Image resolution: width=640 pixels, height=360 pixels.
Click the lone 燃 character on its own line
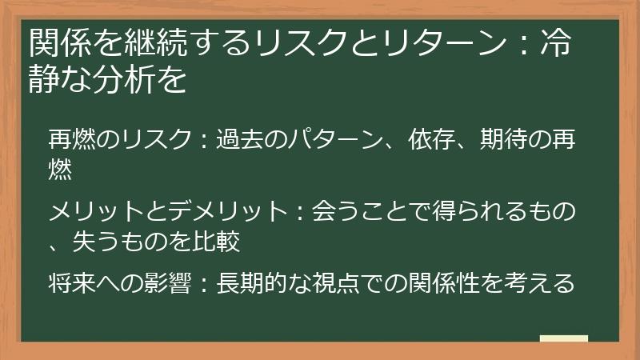[x=60, y=167]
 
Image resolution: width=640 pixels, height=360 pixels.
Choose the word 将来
[x=72, y=283]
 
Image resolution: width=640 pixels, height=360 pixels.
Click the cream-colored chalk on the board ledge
[x=564, y=338]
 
